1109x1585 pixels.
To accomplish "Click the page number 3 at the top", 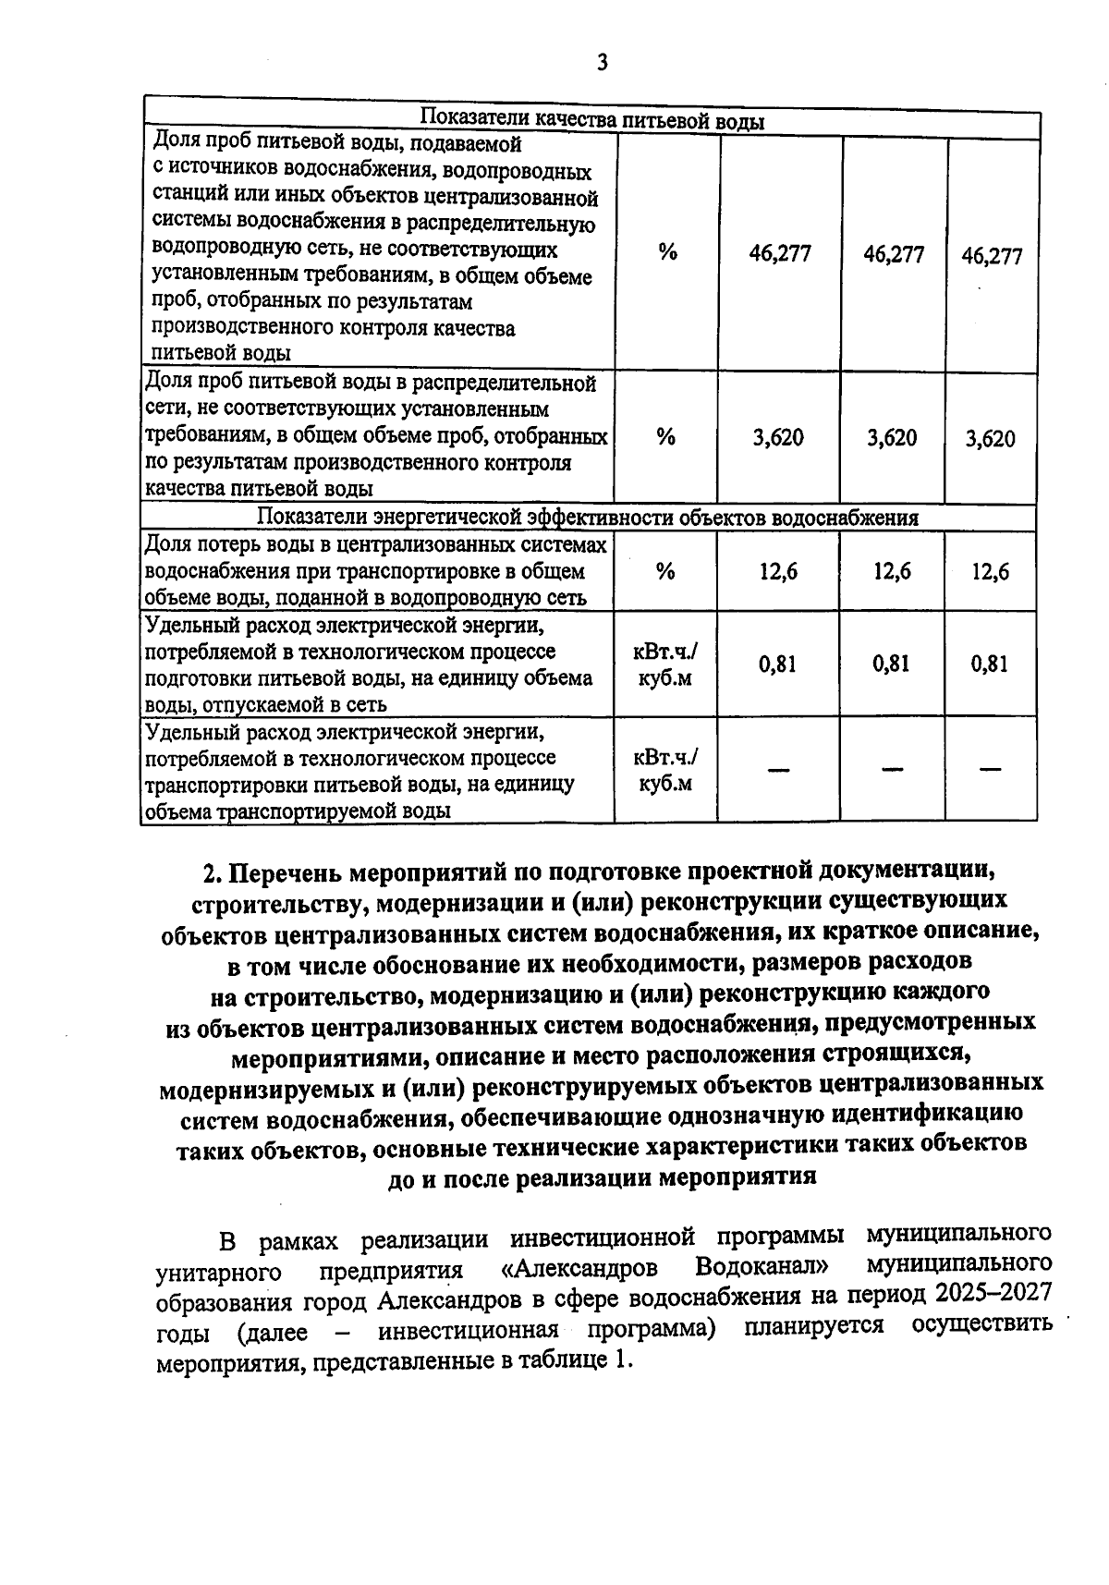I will tap(603, 64).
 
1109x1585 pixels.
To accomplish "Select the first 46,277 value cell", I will tap(780, 254).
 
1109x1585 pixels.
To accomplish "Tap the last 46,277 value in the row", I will tap(992, 256).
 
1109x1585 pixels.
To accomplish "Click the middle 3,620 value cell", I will tap(892, 437).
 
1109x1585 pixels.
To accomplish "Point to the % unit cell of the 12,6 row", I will tap(665, 571).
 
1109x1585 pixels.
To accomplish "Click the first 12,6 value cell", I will tap(778, 571).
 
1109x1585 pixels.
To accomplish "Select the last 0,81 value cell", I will tap(990, 664).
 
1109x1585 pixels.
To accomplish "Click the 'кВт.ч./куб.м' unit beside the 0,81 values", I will tap(665, 664).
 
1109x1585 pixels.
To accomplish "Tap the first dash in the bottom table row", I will tap(778, 769).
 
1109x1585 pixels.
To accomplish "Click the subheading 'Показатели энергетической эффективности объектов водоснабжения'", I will tap(588, 517).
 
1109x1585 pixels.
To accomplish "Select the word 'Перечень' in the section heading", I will tap(286, 872).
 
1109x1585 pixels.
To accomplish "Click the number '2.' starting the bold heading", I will tap(214, 872).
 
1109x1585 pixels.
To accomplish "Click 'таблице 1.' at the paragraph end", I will tap(581, 1360).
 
